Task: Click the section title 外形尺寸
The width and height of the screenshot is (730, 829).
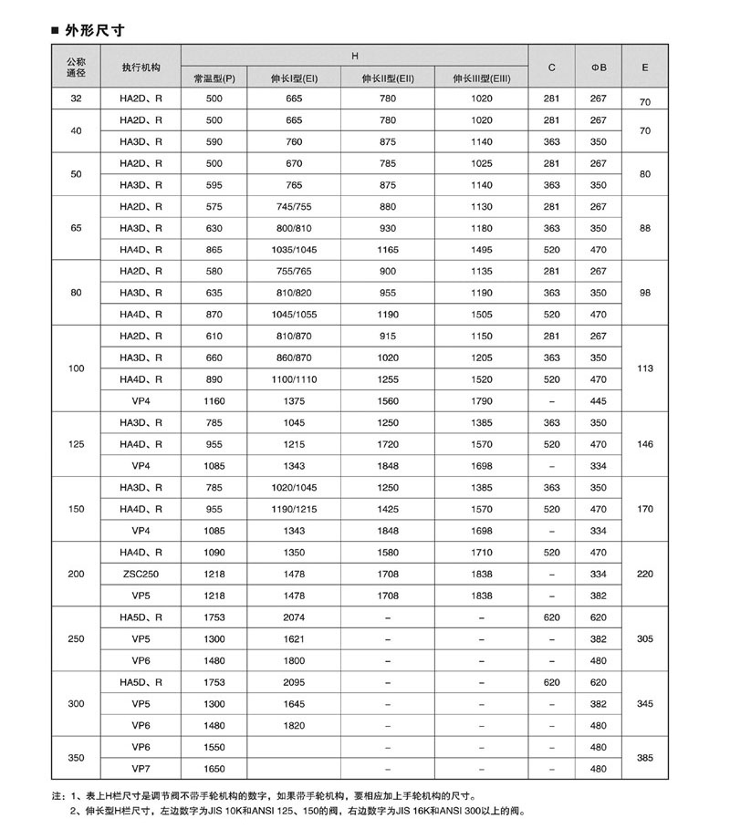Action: coord(95,31)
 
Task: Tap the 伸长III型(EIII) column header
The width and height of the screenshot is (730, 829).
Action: coord(481,78)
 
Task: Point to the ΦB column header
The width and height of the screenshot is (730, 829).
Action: coord(598,67)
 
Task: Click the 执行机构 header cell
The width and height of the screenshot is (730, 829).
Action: coord(141,67)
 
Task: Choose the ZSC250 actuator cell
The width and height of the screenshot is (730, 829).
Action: coord(141,574)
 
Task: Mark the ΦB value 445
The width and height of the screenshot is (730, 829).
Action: coord(598,400)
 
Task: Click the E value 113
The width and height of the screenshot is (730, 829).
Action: coord(645,369)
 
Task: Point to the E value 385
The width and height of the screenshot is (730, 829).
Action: coord(645,759)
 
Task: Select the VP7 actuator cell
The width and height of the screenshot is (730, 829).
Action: coord(141,769)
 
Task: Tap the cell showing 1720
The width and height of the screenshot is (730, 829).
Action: coord(388,444)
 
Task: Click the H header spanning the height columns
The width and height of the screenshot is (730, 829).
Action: coord(356,56)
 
